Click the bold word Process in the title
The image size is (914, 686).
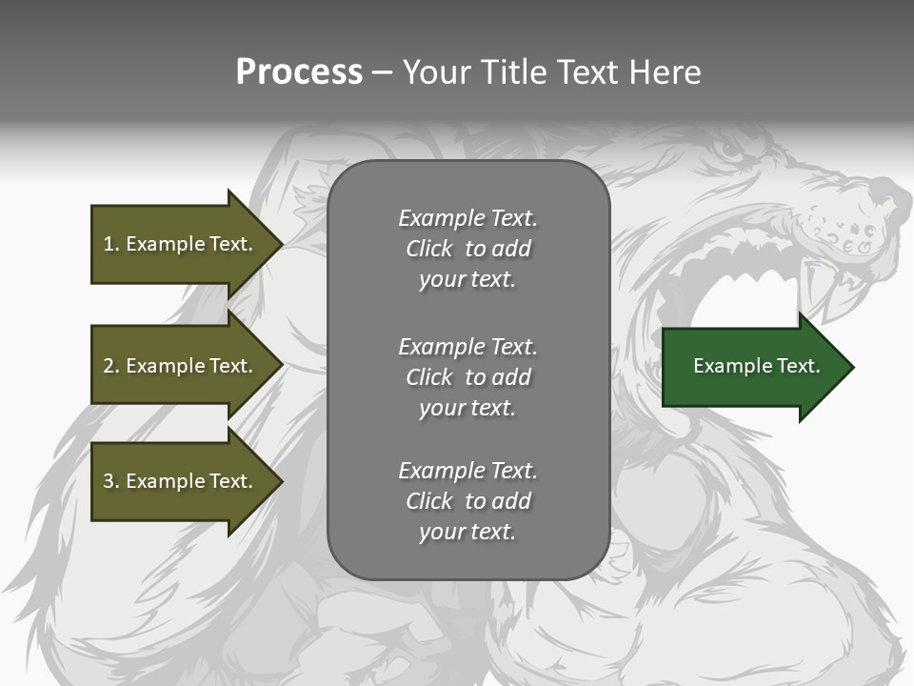(x=299, y=72)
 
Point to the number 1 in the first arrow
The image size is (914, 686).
(x=109, y=244)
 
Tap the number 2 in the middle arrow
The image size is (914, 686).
(x=109, y=366)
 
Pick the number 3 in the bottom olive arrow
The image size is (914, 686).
(x=109, y=481)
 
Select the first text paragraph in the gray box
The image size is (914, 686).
(x=467, y=249)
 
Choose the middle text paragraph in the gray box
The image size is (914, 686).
(x=467, y=376)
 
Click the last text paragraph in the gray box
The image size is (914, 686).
(x=467, y=501)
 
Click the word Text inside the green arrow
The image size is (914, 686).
(x=800, y=366)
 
